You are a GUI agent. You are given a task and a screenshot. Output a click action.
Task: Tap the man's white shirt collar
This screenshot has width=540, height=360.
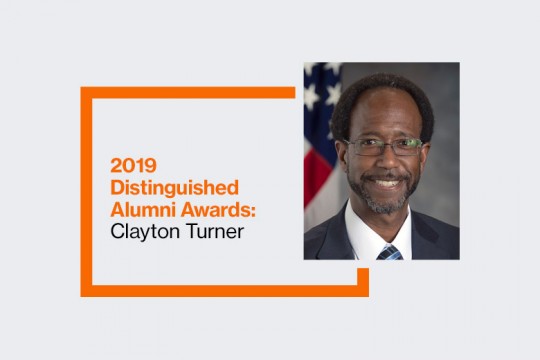[366, 233]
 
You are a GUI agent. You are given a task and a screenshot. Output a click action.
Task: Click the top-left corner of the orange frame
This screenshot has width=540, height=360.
[85, 93]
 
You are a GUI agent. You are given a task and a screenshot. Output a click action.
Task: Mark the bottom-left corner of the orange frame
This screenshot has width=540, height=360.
[85, 292]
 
